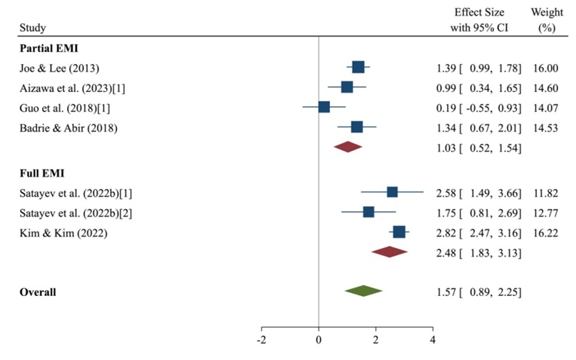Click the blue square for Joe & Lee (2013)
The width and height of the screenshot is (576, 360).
(358, 67)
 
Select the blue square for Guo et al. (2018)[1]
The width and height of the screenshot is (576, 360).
(324, 107)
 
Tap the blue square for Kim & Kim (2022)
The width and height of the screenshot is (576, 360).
(399, 232)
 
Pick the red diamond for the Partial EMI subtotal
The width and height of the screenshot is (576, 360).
(348, 147)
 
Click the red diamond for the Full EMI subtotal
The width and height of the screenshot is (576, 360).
(389, 252)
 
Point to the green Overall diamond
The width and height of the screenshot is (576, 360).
(363, 291)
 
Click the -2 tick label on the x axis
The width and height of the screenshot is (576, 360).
(262, 340)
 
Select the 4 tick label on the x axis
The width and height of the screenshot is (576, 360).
(433, 340)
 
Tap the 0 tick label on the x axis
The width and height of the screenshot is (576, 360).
(318, 340)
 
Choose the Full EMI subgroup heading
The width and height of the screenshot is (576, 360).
(41, 173)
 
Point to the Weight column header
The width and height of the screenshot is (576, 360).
(546, 19)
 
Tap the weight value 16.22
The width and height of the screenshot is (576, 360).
(545, 232)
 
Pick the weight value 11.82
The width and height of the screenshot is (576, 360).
(545, 192)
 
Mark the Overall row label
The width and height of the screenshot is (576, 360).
(38, 292)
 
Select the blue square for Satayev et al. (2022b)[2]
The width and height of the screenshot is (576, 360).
(369, 212)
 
